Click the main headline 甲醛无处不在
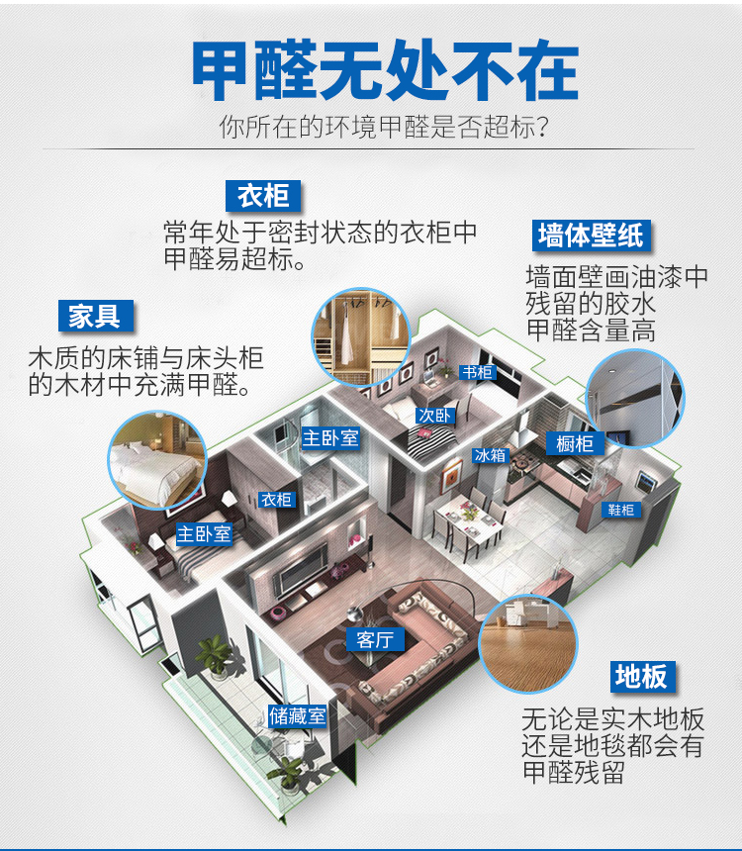coord(384,71)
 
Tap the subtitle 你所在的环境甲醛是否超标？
coord(385,128)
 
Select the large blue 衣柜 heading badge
coord(262,195)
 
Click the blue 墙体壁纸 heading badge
coord(590,236)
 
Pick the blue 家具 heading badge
coord(95,316)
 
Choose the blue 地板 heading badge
coord(641,677)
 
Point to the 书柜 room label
coord(478,372)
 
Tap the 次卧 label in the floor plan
coord(435,416)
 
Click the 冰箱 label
coord(490,455)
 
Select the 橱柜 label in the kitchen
coord(574,444)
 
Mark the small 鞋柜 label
coord(621,510)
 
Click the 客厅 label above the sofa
coord(375,639)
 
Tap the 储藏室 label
coord(298,715)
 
